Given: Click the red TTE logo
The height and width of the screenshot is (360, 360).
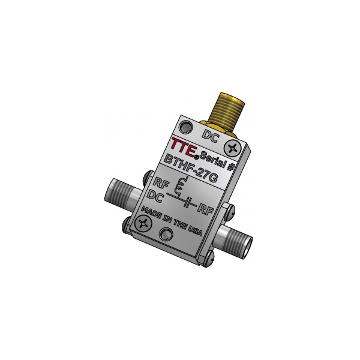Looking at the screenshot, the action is tap(184, 148).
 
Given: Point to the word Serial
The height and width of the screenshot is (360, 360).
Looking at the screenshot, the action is tap(212, 159).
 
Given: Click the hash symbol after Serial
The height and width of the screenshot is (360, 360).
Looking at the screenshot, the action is tap(230, 167).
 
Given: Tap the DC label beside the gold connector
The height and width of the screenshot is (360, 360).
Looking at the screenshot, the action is tap(211, 136).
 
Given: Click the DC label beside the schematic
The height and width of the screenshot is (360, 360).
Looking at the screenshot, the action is tap(155, 197).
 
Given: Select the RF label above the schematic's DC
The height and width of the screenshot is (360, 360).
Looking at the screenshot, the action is tap(161, 183).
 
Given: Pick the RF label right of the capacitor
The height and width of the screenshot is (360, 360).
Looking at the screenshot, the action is tap(205, 209).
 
